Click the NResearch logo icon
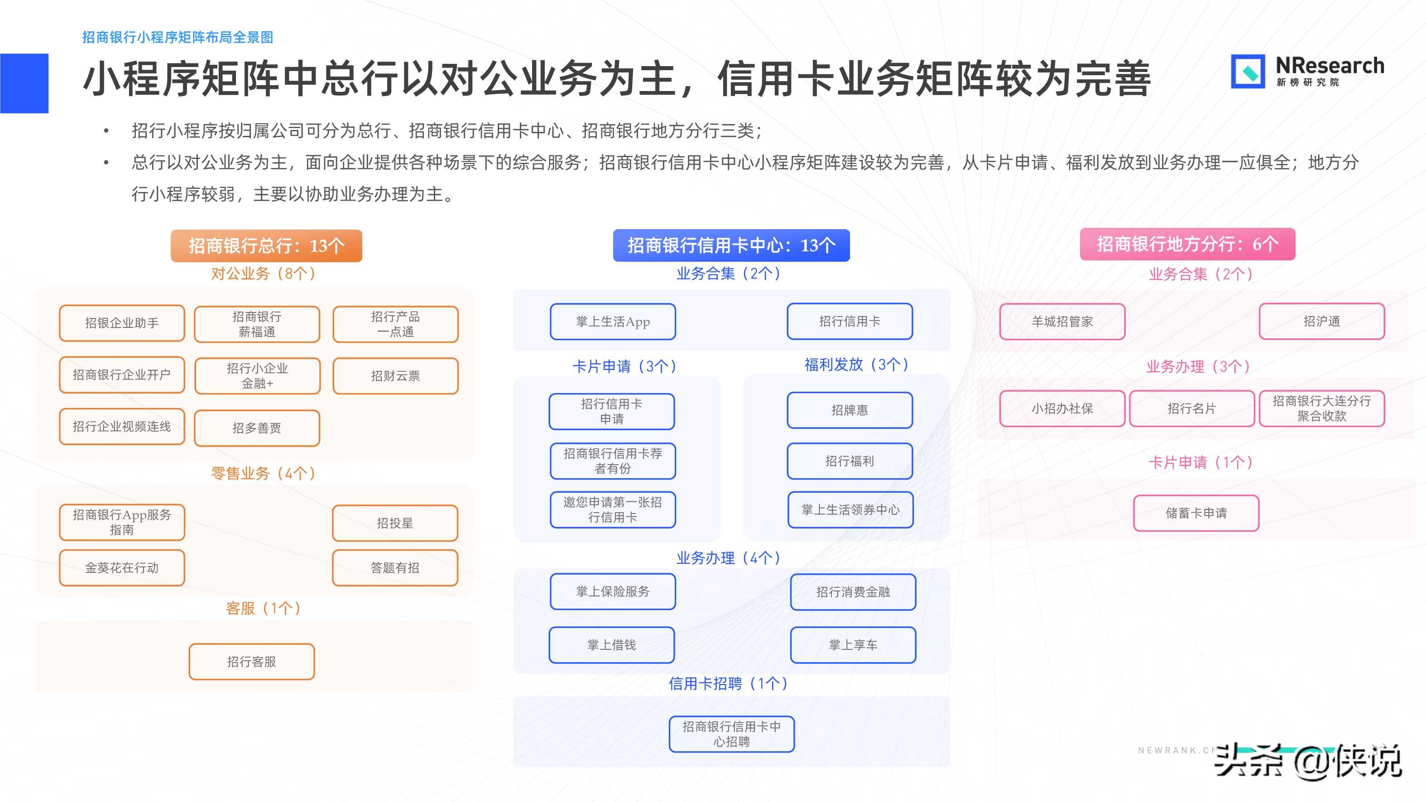(1247, 72)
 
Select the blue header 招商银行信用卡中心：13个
(731, 245)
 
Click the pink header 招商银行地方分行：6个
(1187, 244)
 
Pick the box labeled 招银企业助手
(122, 323)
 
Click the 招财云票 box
(395, 376)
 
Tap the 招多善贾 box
(257, 428)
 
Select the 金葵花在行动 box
(122, 568)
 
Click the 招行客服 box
(251, 662)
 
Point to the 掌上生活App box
(613, 322)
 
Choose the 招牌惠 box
(850, 410)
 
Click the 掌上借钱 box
(612, 645)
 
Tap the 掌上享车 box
(853, 645)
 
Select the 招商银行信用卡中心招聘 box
(731, 735)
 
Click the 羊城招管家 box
(1062, 322)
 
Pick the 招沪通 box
(1321, 322)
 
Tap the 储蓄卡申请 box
(1196, 514)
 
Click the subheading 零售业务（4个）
(264, 473)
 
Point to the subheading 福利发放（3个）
(856, 365)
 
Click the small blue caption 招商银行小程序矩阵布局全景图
(178, 37)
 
